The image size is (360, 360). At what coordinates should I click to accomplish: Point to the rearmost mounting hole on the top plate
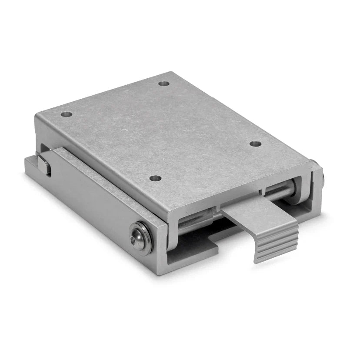[163, 83]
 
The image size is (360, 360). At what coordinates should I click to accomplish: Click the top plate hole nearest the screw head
[155, 178]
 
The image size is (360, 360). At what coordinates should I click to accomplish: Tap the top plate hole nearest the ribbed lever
[256, 143]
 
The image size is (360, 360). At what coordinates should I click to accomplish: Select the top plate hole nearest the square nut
[66, 115]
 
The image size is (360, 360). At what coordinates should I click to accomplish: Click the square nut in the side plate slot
[44, 166]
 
